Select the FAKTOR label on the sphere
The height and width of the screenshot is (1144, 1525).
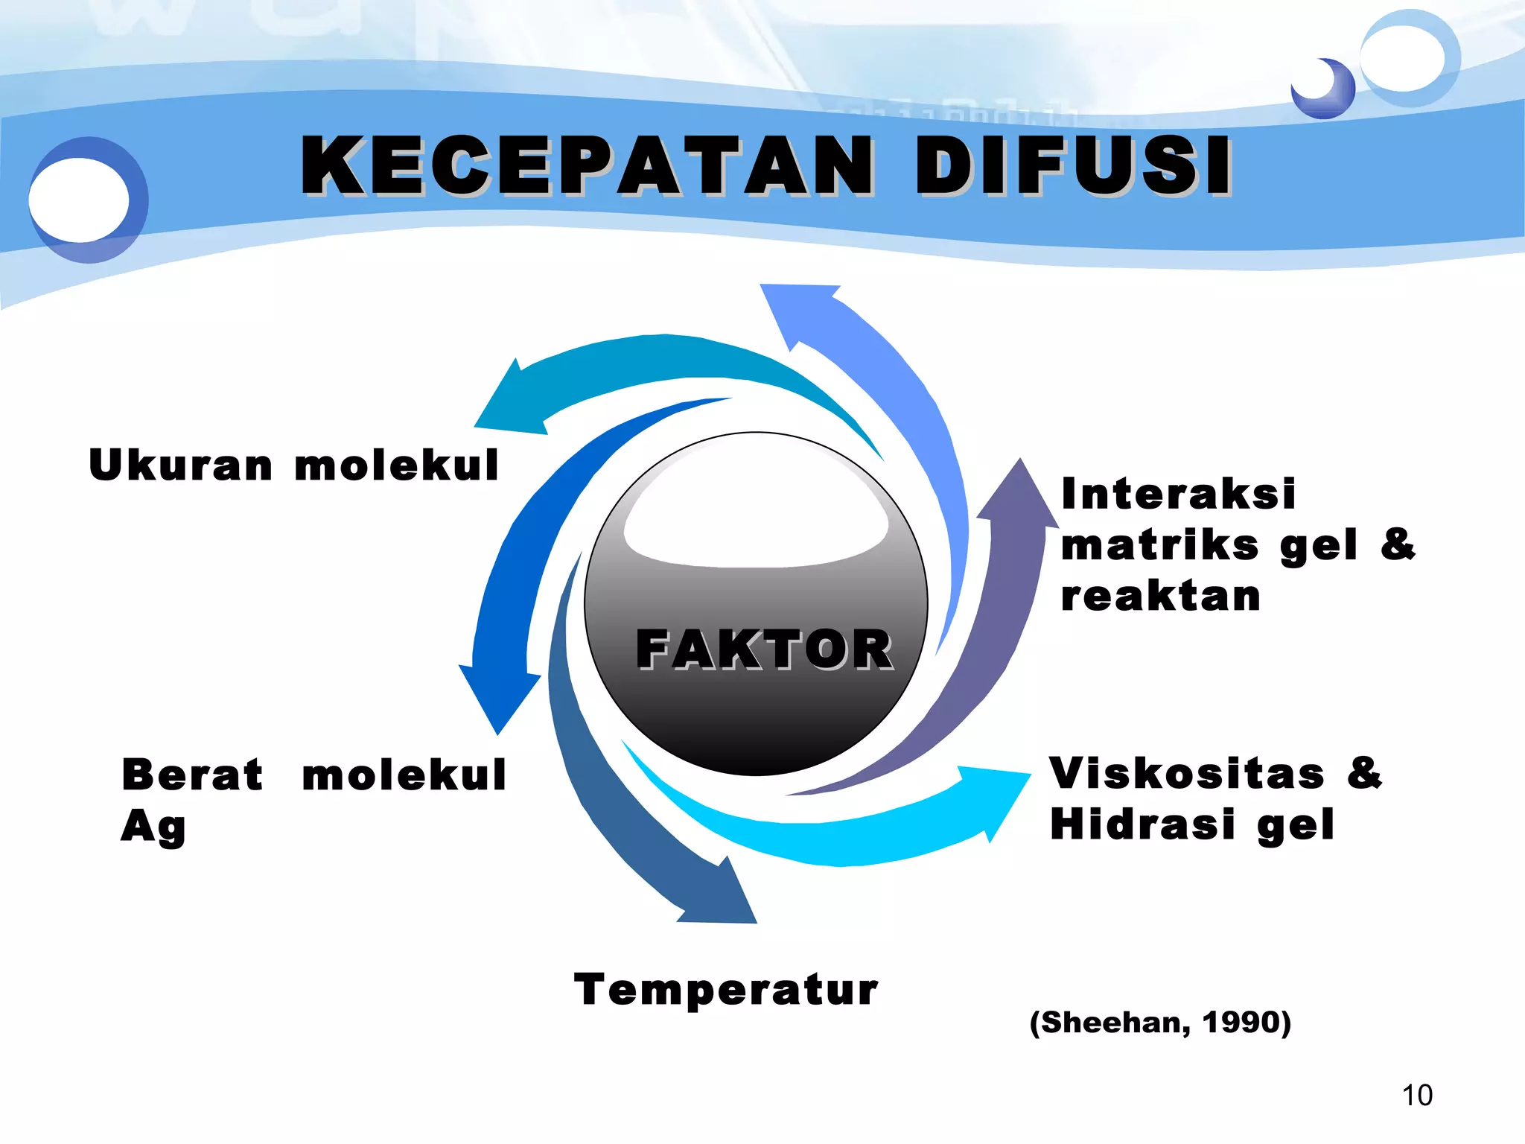coord(765,649)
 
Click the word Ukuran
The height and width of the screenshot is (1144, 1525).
coord(181,465)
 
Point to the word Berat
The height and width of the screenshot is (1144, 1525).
coord(192,775)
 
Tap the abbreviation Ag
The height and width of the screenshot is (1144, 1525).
coord(153,827)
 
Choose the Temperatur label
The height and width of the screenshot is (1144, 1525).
coord(726,991)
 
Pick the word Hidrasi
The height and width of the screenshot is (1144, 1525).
coord(1142,824)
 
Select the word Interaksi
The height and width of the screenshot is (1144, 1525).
coord(1179,494)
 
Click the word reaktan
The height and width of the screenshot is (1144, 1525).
coord(1161,596)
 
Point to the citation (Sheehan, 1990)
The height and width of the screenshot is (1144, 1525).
coord(1160,1023)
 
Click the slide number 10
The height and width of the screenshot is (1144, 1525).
coord(1417,1096)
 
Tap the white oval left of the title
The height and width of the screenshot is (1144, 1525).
coord(79,200)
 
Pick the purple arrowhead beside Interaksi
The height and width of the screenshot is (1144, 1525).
coord(1018,495)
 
